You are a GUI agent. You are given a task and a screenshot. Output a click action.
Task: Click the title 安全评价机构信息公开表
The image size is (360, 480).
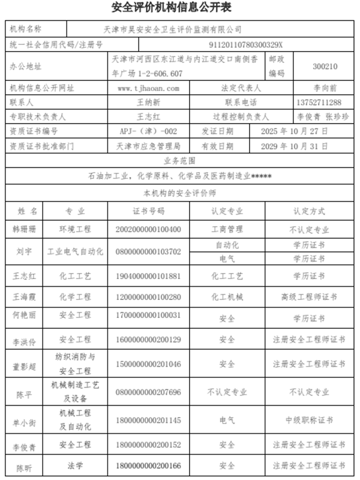(180, 8)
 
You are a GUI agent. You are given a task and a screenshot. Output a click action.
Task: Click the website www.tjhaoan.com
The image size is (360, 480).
(149, 88)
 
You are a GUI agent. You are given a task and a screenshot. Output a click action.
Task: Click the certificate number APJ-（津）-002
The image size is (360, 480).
(149, 131)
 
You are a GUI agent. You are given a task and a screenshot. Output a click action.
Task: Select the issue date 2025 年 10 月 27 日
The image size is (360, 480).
(296, 131)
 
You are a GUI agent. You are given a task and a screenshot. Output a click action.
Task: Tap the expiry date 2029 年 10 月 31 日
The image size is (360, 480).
(296, 146)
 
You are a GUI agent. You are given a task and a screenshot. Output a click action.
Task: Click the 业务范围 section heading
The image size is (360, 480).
(179, 161)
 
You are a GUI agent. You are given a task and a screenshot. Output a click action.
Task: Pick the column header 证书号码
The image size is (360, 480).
(149, 211)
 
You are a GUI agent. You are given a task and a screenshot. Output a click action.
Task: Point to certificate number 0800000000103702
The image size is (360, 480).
(149, 251)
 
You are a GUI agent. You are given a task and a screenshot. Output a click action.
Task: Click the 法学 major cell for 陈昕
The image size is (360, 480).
(75, 465)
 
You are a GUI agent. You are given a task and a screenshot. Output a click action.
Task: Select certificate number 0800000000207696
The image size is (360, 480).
(149, 392)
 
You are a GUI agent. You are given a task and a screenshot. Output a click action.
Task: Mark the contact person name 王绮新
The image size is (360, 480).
(149, 103)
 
